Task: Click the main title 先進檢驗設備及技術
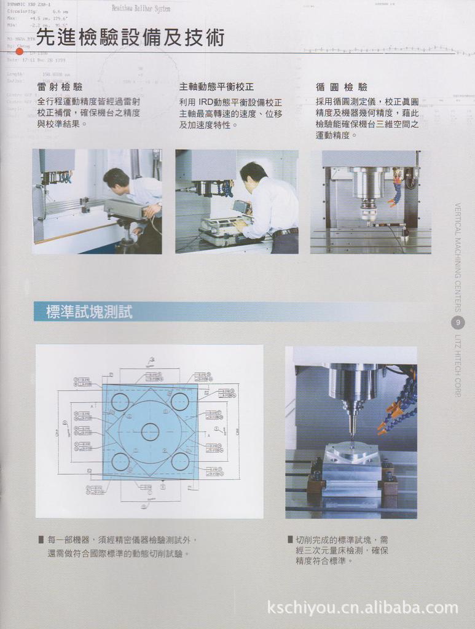point(130,38)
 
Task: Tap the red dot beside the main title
point(20,51)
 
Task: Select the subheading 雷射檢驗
point(60,87)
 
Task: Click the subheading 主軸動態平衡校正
point(216,87)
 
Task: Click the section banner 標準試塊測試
point(89,312)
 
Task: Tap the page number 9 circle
point(458,322)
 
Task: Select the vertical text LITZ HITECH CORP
point(458,365)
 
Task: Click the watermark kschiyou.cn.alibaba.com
point(363,608)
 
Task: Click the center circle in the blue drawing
point(150,432)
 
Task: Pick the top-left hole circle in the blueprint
point(120,402)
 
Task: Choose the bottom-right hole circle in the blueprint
point(179,461)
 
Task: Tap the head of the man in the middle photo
point(253,174)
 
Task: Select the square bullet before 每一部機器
point(41,539)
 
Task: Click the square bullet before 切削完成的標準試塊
point(290,539)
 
